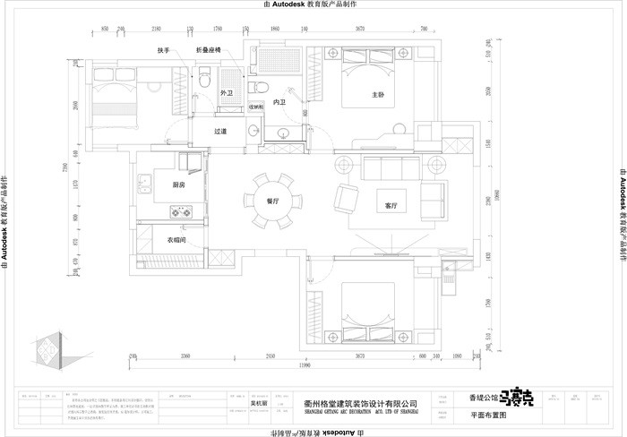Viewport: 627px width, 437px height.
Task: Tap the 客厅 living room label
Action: [391, 205]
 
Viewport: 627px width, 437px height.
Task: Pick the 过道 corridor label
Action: [220, 131]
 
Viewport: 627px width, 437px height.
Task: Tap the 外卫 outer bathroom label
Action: [226, 92]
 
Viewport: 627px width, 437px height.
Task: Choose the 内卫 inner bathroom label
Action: [279, 103]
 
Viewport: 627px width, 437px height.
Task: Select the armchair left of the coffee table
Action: [344, 197]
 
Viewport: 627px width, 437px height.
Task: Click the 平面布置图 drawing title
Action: [488, 416]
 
